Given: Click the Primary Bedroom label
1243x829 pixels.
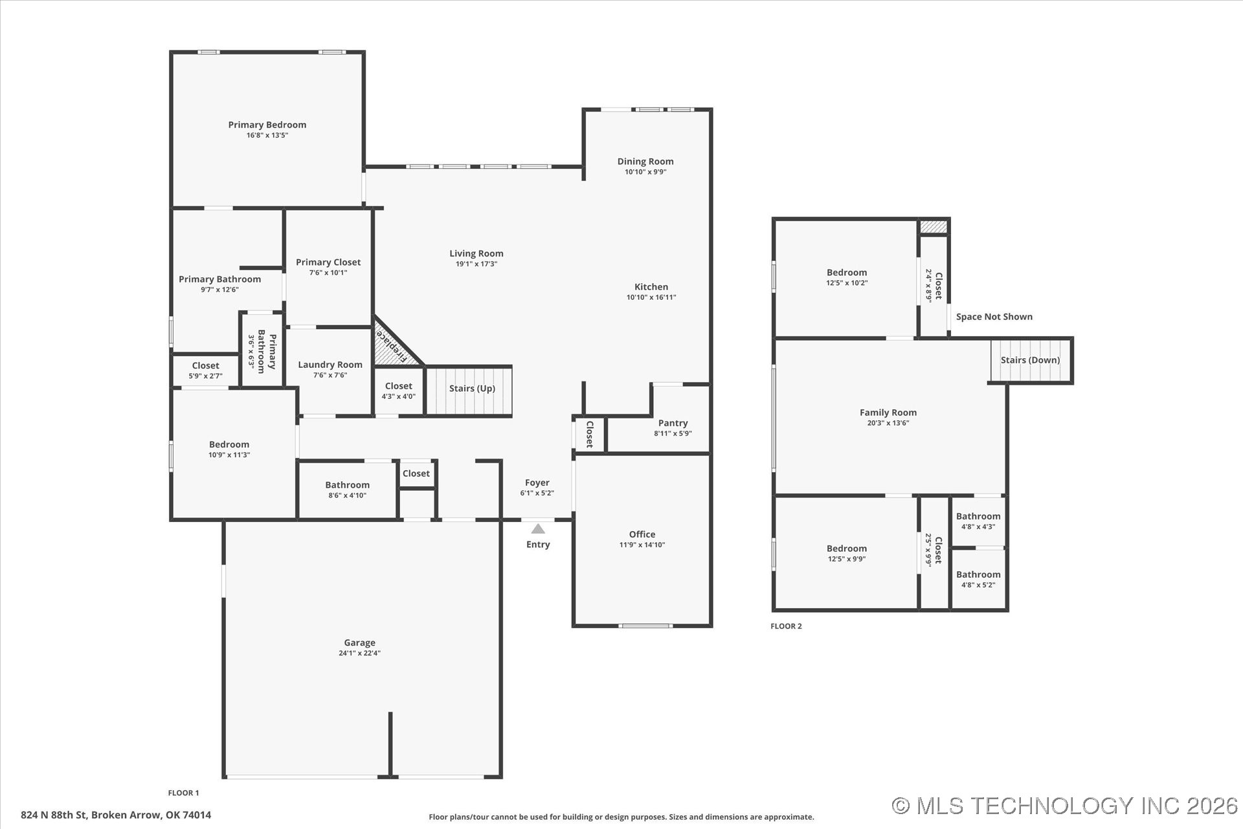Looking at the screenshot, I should [267, 125].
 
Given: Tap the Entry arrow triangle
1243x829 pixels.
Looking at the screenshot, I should [538, 529].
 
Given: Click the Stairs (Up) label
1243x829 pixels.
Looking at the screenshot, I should [472, 389].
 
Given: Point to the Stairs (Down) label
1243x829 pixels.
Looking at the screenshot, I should [1030, 360].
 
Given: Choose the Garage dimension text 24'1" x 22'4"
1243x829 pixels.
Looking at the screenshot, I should [359, 653].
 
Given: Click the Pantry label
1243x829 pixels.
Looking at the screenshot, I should [673, 423].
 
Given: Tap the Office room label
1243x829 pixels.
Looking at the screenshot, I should [642, 534].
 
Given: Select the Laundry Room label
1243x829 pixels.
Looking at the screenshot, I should [330, 365].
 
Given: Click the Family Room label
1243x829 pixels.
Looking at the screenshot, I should [888, 413].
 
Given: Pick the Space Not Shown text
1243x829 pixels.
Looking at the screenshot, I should [994, 317].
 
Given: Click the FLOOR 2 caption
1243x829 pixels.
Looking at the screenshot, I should [786, 626].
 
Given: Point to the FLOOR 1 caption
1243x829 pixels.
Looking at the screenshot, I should [183, 793].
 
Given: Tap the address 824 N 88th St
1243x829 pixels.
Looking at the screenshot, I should [116, 815].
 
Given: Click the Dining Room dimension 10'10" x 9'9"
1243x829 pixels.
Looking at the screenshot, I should [645, 172].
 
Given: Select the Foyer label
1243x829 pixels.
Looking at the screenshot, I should [537, 483].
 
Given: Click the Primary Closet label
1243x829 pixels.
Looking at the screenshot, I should [328, 262].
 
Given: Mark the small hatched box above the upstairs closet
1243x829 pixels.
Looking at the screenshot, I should [933, 227].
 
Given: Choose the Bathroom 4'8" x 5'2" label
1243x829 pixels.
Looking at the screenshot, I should [978, 574].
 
